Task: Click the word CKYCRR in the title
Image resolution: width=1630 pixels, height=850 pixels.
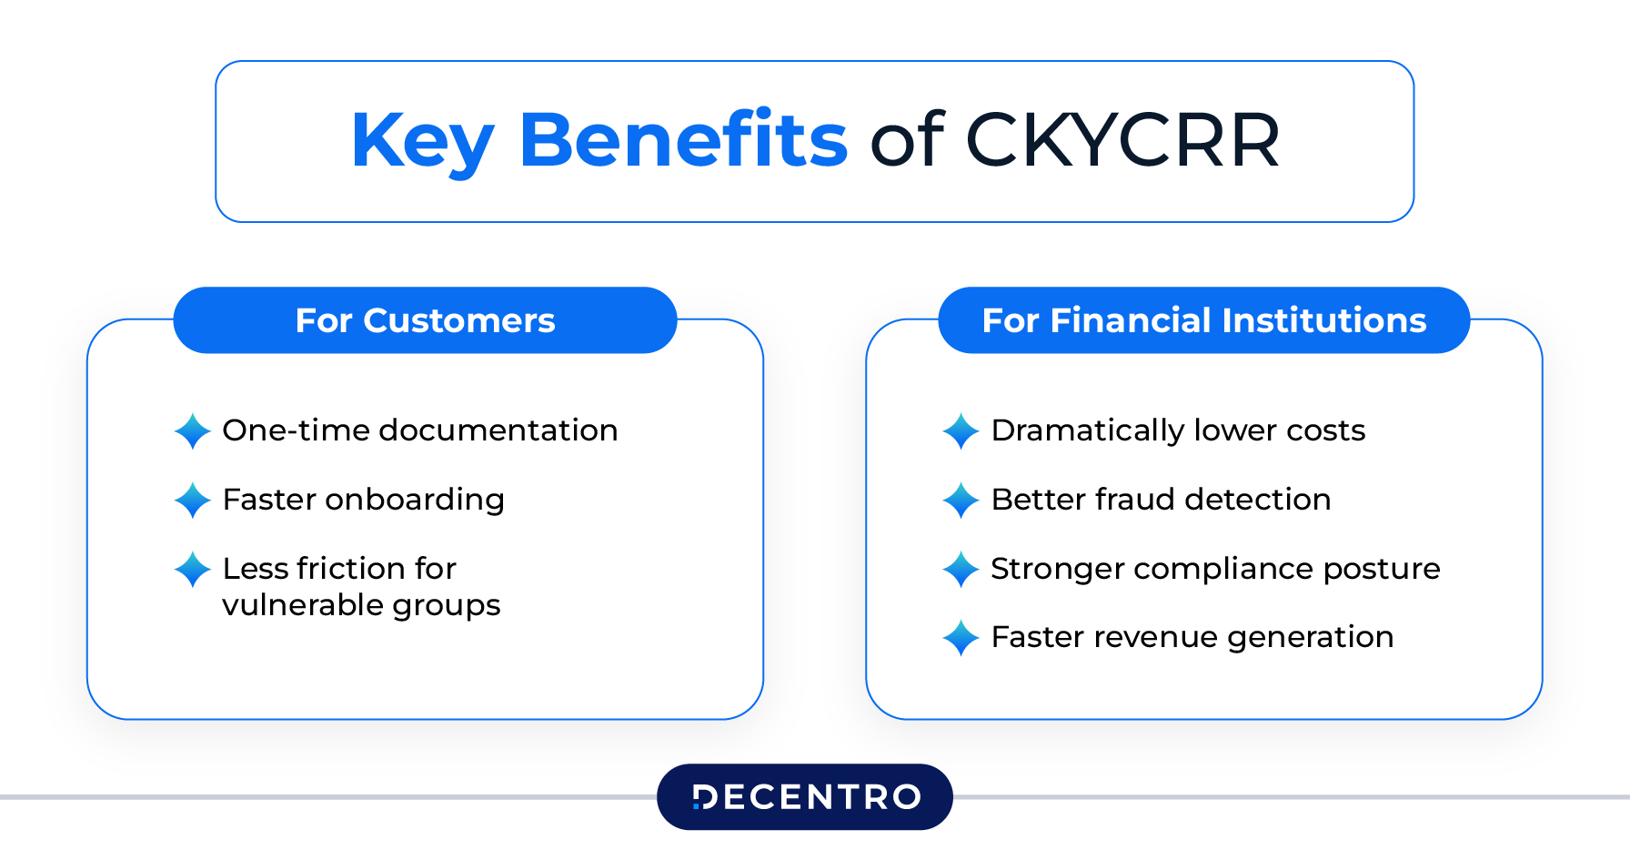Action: click(x=1122, y=141)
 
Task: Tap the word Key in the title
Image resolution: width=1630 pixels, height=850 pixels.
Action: click(x=422, y=141)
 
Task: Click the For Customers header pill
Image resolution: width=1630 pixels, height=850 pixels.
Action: click(x=425, y=320)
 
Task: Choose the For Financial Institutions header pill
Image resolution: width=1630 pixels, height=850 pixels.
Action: click(x=1203, y=320)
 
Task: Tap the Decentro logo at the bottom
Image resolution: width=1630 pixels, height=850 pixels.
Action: click(x=805, y=797)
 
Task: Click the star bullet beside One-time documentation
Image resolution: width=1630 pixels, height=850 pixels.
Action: click(x=193, y=431)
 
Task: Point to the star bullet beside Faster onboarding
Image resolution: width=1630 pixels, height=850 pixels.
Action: click(x=193, y=501)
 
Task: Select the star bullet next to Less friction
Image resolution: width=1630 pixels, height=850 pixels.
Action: click(x=193, y=570)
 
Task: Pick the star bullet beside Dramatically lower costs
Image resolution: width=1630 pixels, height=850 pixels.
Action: click(x=961, y=431)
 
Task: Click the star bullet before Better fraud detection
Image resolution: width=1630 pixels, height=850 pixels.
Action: click(x=961, y=501)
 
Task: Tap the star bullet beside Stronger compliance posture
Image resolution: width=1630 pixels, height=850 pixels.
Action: click(x=961, y=570)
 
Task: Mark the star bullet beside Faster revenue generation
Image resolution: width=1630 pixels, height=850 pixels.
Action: click(x=961, y=638)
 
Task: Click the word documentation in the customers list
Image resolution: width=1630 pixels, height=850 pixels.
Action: click(x=498, y=430)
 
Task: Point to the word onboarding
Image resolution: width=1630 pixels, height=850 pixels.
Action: click(x=414, y=500)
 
